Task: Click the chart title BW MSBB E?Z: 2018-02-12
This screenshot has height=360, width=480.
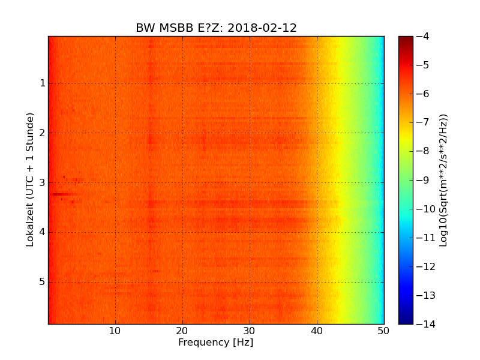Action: click(x=216, y=28)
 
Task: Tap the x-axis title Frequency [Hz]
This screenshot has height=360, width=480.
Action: click(x=216, y=343)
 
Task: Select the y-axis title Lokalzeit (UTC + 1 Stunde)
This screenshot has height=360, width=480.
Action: click(x=30, y=179)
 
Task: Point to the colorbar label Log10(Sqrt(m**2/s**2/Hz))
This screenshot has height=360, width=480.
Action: click(x=444, y=180)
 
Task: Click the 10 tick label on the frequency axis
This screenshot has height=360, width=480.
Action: click(x=115, y=331)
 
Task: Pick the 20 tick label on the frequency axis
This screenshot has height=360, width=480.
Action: click(x=182, y=331)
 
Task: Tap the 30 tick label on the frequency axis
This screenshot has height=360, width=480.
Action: click(x=250, y=331)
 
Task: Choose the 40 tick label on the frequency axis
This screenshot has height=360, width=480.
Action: click(x=317, y=331)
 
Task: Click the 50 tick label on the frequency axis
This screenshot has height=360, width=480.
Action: click(x=383, y=331)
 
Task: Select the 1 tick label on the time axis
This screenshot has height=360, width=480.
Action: click(x=43, y=83)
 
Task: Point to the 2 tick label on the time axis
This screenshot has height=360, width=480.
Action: click(x=43, y=133)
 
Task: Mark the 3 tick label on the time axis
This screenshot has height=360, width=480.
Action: click(x=43, y=182)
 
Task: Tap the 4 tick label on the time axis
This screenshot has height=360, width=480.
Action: click(x=43, y=232)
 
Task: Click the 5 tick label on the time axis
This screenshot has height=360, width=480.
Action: click(x=43, y=282)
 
